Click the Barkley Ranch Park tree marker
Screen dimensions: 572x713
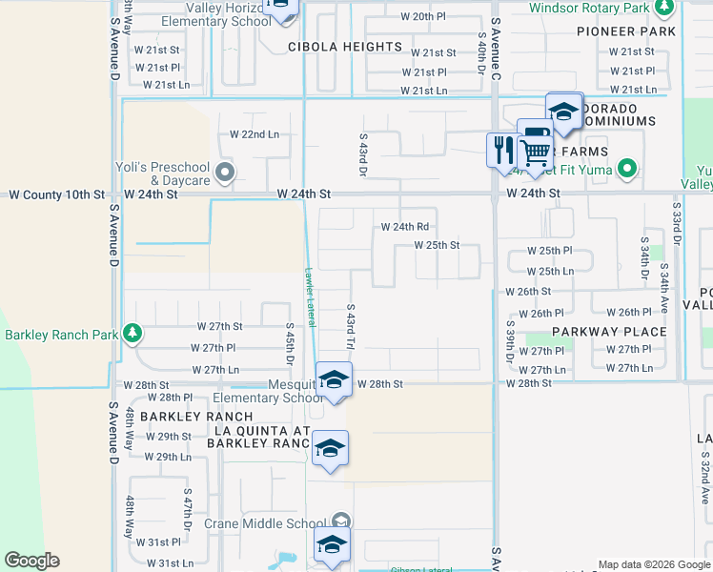(x=133, y=334)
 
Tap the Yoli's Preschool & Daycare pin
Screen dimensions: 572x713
(x=225, y=173)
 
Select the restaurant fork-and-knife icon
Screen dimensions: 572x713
(x=502, y=149)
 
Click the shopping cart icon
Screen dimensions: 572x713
(x=535, y=149)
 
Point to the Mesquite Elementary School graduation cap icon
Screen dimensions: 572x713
(x=333, y=379)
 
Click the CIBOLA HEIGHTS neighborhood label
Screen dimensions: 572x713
(x=344, y=47)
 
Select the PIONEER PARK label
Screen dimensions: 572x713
(x=626, y=31)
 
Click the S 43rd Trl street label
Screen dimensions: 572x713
(x=350, y=327)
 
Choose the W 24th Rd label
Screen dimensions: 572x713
(x=405, y=227)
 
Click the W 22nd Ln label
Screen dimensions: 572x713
(x=255, y=134)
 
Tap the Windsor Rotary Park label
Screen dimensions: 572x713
(x=587, y=8)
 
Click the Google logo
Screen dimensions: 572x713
(x=31, y=561)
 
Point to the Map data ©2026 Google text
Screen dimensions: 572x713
(x=653, y=564)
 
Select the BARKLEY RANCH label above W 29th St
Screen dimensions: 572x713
(x=196, y=417)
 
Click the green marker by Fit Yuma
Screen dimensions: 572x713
(x=626, y=172)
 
